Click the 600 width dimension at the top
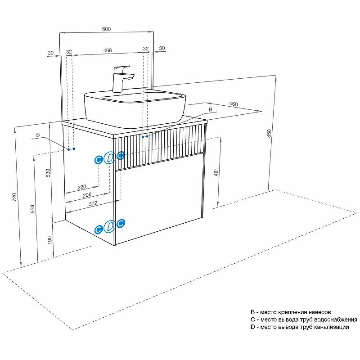tap(107, 29)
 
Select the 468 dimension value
tap(108, 50)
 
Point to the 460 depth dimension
tap(233, 104)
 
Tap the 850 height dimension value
tap(269, 133)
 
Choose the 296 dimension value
tap(87, 195)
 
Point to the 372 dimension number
tap(92, 203)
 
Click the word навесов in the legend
tap(317, 312)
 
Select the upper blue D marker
tap(110, 158)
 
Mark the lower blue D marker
tap(110, 228)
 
